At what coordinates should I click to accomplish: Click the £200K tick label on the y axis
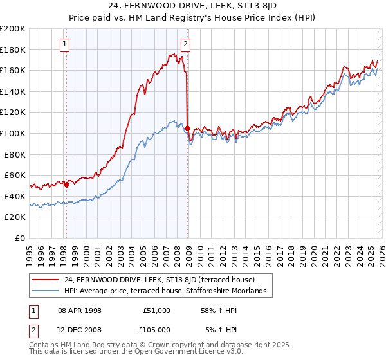coord(13,29)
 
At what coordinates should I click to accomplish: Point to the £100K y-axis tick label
coord(13,133)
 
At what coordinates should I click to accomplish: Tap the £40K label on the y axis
coord(15,196)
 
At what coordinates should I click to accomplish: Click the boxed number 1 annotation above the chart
coord(66,44)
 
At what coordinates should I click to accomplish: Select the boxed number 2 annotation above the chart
coord(185,44)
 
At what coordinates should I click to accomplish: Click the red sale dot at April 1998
coord(66,184)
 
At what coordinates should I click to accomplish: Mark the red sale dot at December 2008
coord(187,128)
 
